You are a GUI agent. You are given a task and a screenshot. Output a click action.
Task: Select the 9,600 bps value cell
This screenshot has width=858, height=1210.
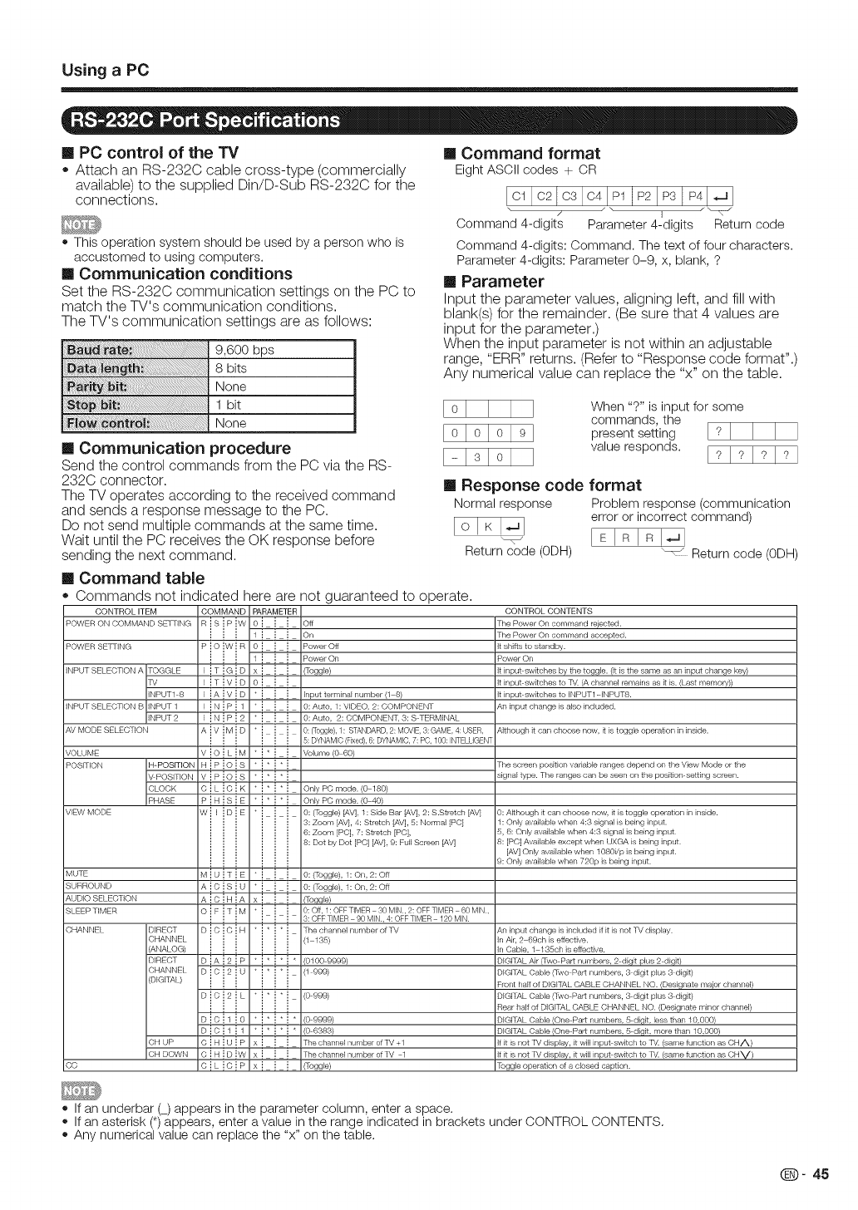[x=244, y=350]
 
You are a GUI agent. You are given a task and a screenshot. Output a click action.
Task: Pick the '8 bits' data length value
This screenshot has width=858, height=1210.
[x=231, y=368]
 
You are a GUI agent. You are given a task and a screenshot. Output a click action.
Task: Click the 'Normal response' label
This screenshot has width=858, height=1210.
[x=503, y=504]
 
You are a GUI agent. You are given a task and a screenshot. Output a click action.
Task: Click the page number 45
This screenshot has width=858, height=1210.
[x=821, y=1174]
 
